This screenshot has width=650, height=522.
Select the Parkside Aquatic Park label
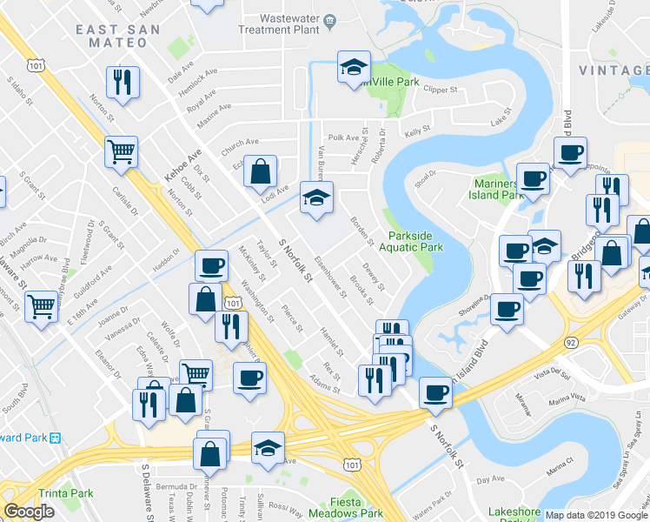coord(415,241)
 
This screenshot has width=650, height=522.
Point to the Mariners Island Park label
coord(499,188)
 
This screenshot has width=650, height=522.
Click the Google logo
coord(29,511)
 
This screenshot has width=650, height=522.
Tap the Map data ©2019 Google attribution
coord(595,515)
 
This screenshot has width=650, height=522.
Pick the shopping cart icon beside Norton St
coord(121,151)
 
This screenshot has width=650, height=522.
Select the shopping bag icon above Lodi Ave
coord(260,171)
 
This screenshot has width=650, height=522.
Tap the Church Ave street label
coord(240,143)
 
